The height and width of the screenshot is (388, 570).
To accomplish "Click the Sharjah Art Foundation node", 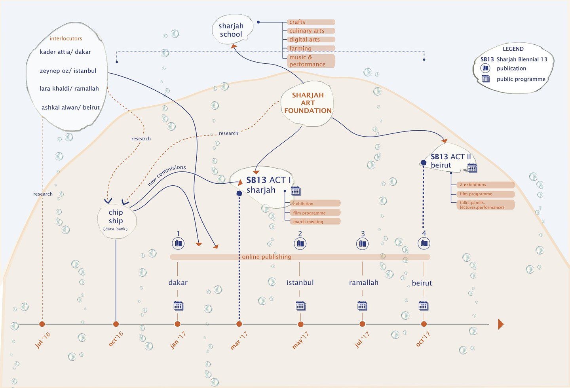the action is pos(308,103).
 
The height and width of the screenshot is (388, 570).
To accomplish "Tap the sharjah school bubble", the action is pos(232,29).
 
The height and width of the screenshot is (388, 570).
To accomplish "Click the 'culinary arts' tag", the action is pos(311,31).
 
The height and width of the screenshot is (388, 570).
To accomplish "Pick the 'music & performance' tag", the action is pos(311,61).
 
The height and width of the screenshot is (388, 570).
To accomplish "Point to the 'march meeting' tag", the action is pos(315,221).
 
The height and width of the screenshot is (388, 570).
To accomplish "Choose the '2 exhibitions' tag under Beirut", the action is pos(486,184).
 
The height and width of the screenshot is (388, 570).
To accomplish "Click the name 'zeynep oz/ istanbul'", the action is pos(68,71).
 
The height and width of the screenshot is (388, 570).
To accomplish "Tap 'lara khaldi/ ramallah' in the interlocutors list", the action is pos(69,89).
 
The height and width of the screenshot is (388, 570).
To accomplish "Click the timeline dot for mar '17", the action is pos(239,324).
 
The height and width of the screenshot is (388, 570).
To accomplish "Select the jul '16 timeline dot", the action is pos(42,324).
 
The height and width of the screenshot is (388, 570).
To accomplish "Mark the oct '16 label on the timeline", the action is pos(116,339).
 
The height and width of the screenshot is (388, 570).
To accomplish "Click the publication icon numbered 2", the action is pos(300,243).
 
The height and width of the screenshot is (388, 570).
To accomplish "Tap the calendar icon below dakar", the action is pos(179,306).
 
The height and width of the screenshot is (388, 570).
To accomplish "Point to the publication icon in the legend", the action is pos(485,68).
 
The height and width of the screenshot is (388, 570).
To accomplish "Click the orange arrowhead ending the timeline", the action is pos(501,324).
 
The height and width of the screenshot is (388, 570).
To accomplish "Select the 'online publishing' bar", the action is pos(300,257).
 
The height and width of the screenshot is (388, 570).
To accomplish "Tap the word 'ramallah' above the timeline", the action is pos(364,283).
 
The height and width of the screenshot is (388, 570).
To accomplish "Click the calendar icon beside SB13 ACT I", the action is pos(296,191).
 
